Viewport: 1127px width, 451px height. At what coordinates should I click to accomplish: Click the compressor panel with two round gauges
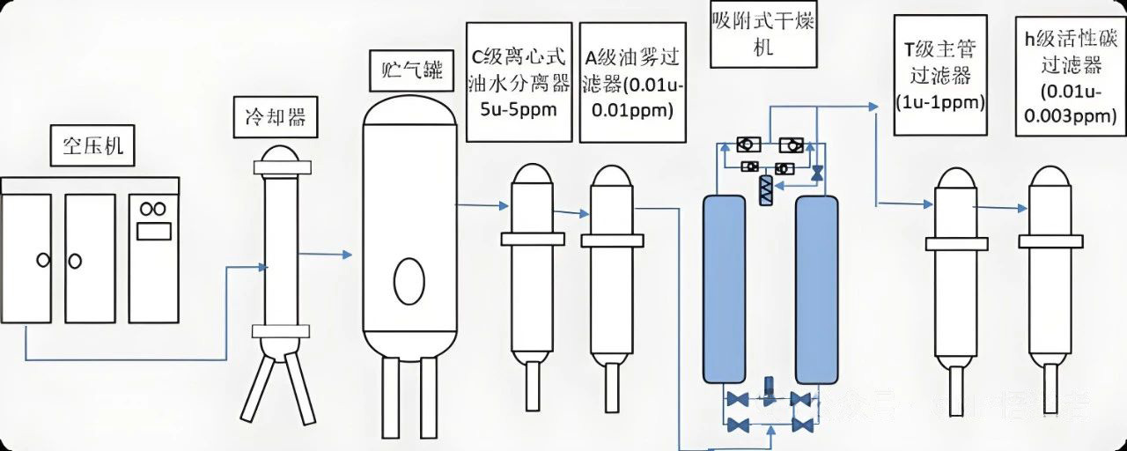(153, 257)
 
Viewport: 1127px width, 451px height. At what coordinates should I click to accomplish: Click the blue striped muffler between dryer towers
(764, 190)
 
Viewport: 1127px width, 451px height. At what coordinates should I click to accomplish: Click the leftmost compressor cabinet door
(26, 257)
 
